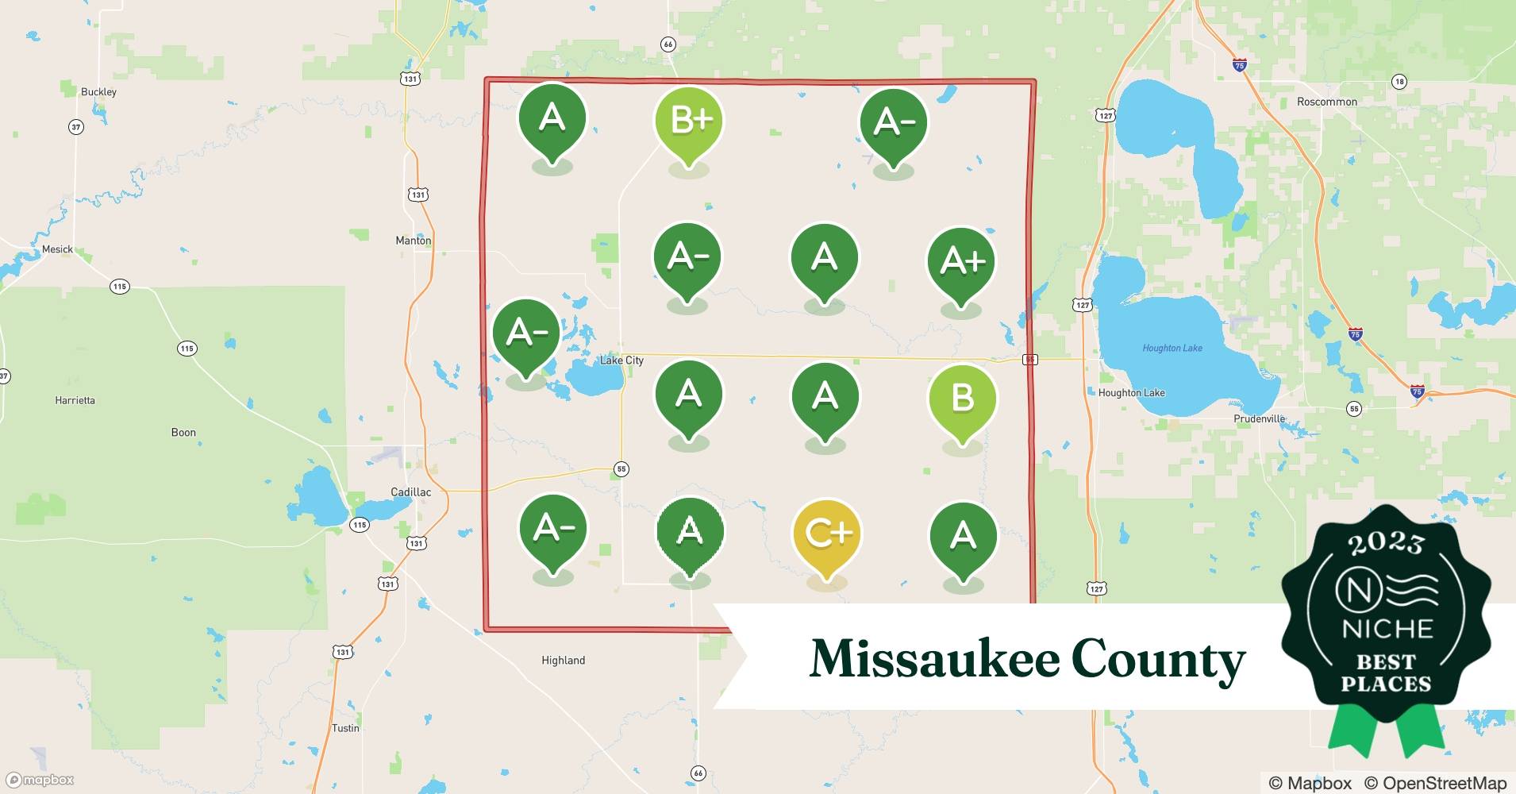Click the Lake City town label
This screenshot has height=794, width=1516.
click(x=621, y=360)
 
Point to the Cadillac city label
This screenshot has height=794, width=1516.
click(x=411, y=492)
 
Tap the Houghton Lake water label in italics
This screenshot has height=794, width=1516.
click(x=1172, y=348)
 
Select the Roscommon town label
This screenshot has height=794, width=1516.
click(x=1326, y=102)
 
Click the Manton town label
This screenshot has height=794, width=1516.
click(x=414, y=241)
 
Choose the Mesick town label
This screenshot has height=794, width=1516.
click(x=57, y=249)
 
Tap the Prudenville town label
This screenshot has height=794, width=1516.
click(x=1259, y=418)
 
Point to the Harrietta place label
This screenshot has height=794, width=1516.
click(x=75, y=400)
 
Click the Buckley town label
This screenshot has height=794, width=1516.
click(x=98, y=92)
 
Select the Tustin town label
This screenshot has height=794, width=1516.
click(x=345, y=728)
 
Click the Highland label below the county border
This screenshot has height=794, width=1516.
click(x=563, y=661)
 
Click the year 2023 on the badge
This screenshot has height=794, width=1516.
click(x=1385, y=543)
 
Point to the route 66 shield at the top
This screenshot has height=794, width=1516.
click(x=668, y=44)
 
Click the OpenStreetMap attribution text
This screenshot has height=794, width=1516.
click(x=1435, y=783)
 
